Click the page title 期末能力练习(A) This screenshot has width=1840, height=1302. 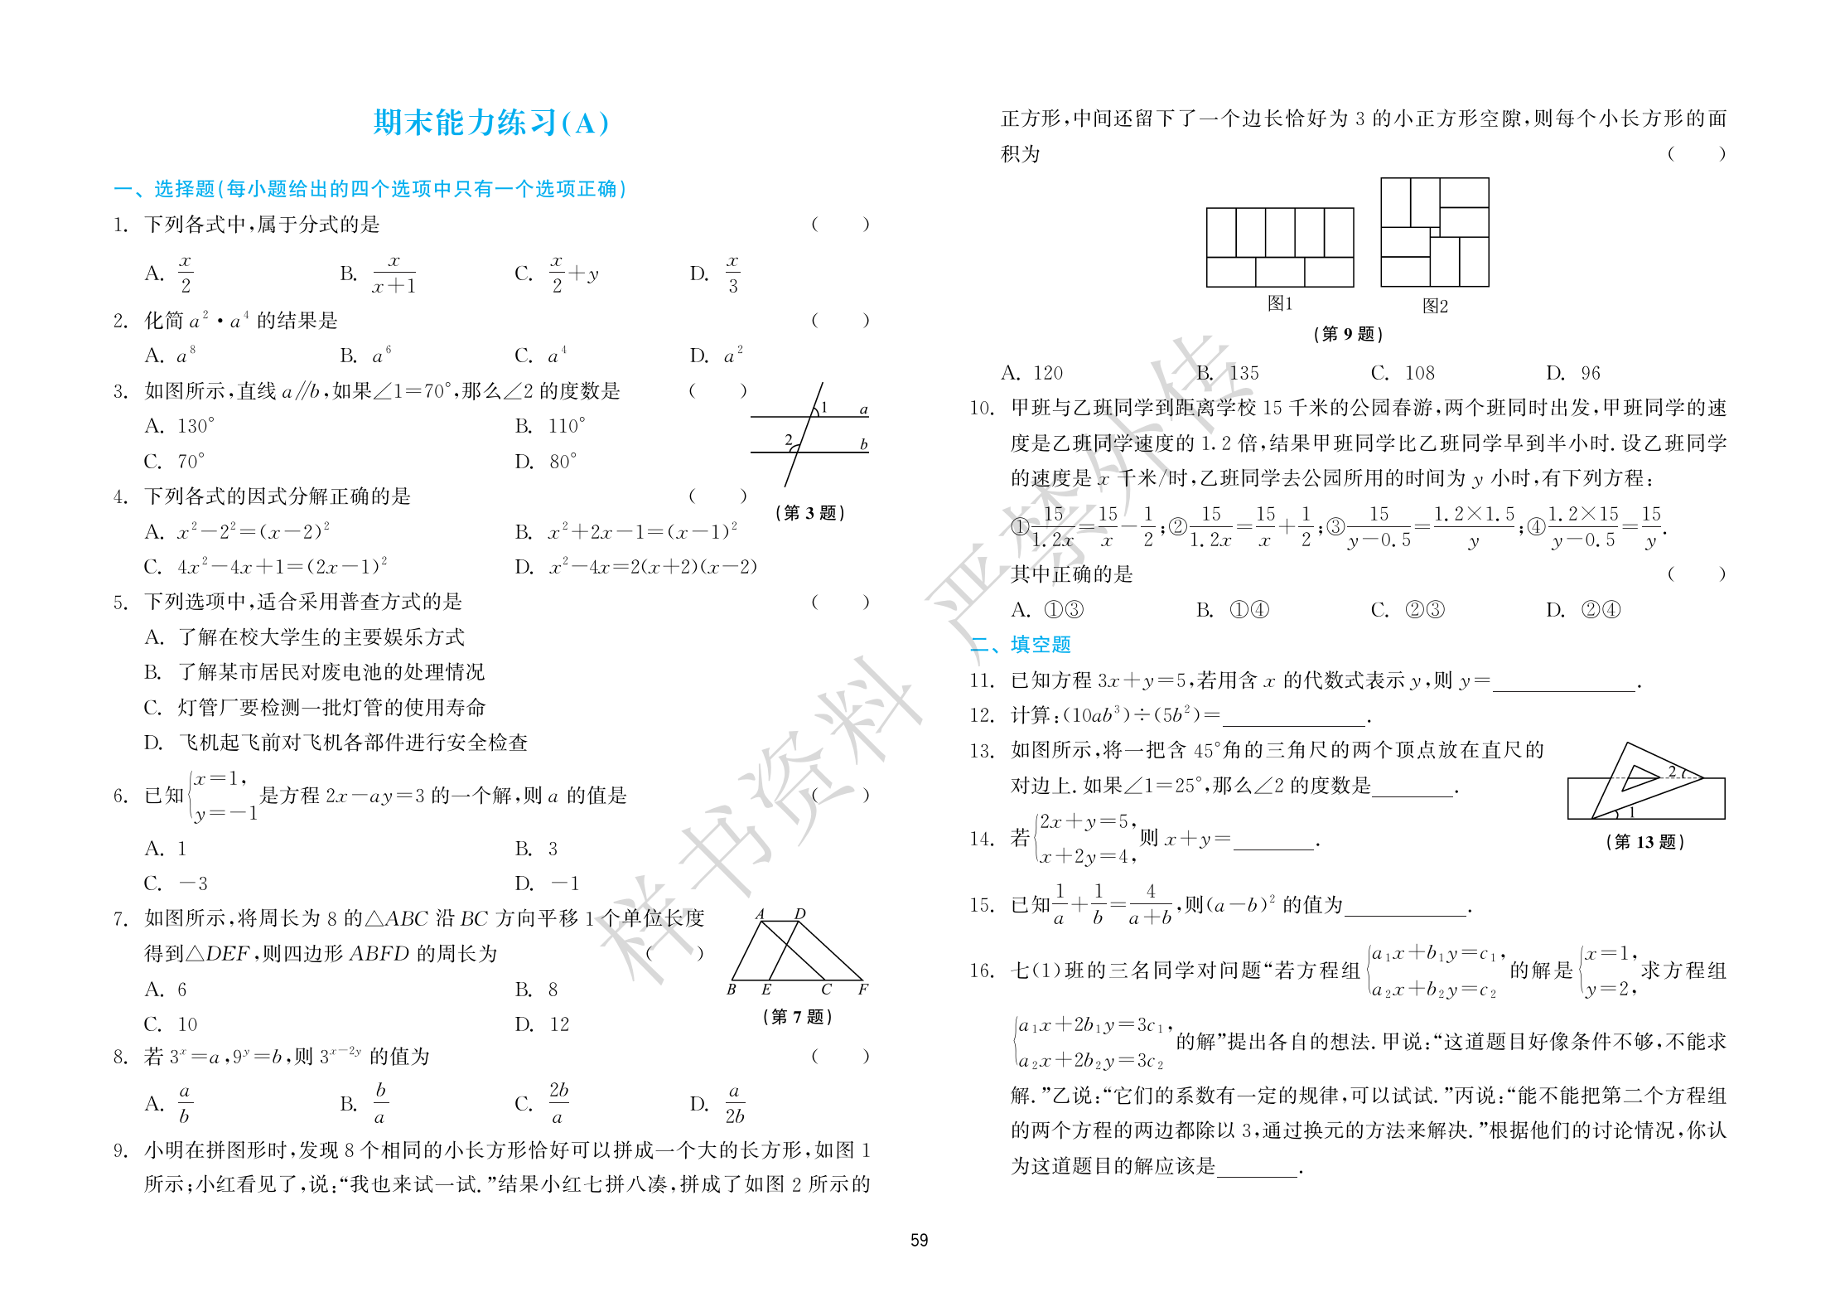490,123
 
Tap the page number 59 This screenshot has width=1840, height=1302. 919,1240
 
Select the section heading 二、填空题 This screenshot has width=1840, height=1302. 1020,644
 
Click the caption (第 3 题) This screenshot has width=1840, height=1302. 809,513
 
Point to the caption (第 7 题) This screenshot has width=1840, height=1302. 797,1016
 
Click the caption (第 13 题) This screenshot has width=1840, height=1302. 1644,842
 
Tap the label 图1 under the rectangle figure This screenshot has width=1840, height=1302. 1279,303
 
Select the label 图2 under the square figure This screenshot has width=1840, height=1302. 1435,306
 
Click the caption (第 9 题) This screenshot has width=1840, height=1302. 1348,334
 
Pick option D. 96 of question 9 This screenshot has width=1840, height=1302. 1572,373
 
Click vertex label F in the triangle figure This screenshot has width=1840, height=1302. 862,990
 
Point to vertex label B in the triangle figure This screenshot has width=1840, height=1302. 732,990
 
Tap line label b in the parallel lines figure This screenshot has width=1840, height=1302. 863,444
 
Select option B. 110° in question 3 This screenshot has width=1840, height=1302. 550,426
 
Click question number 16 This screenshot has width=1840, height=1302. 981,970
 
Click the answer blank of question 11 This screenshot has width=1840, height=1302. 1563,682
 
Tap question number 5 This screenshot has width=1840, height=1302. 120,602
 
